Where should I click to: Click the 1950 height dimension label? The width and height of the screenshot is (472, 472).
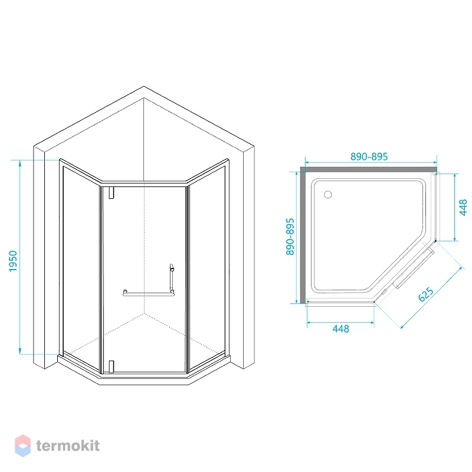(13, 261)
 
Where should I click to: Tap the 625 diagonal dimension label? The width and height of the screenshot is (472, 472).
(426, 294)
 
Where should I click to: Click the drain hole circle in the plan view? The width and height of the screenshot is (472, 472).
(328, 195)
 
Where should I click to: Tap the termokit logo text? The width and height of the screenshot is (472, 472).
(68, 445)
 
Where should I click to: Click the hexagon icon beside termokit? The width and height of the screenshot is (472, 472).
(22, 445)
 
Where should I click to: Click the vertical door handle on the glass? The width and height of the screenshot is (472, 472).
(172, 278)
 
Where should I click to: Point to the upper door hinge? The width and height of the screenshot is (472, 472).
(112, 193)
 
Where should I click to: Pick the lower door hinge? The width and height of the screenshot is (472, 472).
(112, 366)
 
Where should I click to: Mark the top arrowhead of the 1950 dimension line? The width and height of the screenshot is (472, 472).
(20, 163)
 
